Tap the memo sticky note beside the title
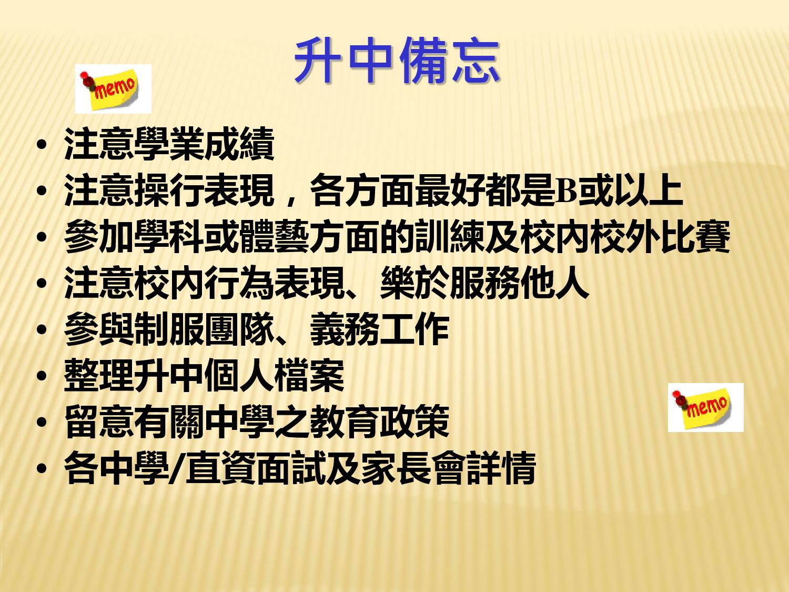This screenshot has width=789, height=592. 113,89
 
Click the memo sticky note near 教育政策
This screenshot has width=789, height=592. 705,407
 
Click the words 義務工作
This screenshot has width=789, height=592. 379,329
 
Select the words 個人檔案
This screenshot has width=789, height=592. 274,376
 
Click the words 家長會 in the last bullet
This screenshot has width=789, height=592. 414,468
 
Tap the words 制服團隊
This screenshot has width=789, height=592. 204,329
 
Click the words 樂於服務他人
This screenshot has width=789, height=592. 484,283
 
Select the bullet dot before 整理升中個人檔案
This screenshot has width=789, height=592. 42,376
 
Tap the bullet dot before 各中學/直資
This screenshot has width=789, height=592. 42,469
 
